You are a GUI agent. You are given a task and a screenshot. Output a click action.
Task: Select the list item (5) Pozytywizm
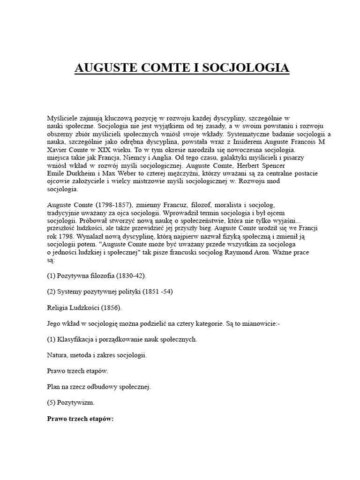tap(70, 403)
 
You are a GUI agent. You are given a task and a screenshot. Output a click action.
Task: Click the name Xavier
tap(58, 150)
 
